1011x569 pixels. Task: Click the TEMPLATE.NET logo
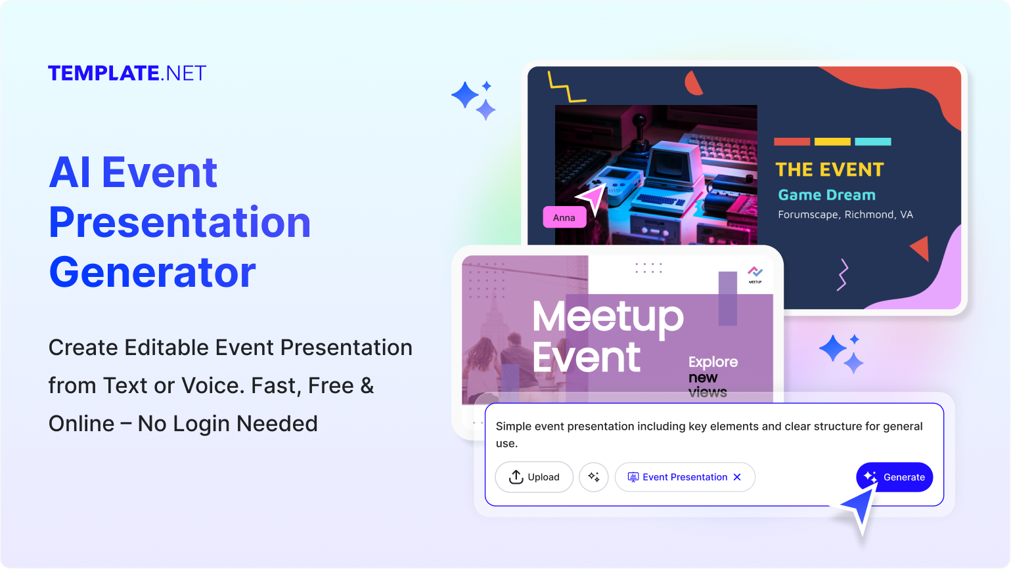(127, 73)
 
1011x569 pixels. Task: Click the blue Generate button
(894, 477)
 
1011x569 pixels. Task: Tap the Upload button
(533, 477)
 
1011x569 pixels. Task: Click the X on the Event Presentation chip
(737, 477)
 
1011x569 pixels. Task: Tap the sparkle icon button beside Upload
(594, 477)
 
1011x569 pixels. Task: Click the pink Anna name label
(564, 217)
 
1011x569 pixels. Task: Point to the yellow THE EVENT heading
(830, 170)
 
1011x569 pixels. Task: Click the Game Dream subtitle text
(826, 195)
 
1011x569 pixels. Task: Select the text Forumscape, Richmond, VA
(845, 215)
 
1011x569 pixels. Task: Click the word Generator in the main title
(152, 272)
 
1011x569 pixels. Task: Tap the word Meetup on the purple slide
(608, 317)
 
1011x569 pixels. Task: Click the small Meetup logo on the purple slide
(755, 274)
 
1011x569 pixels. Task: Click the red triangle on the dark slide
(921, 249)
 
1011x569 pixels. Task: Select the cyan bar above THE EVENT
(872, 141)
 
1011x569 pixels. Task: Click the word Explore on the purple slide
(713, 362)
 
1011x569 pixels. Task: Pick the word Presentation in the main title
(179, 222)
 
